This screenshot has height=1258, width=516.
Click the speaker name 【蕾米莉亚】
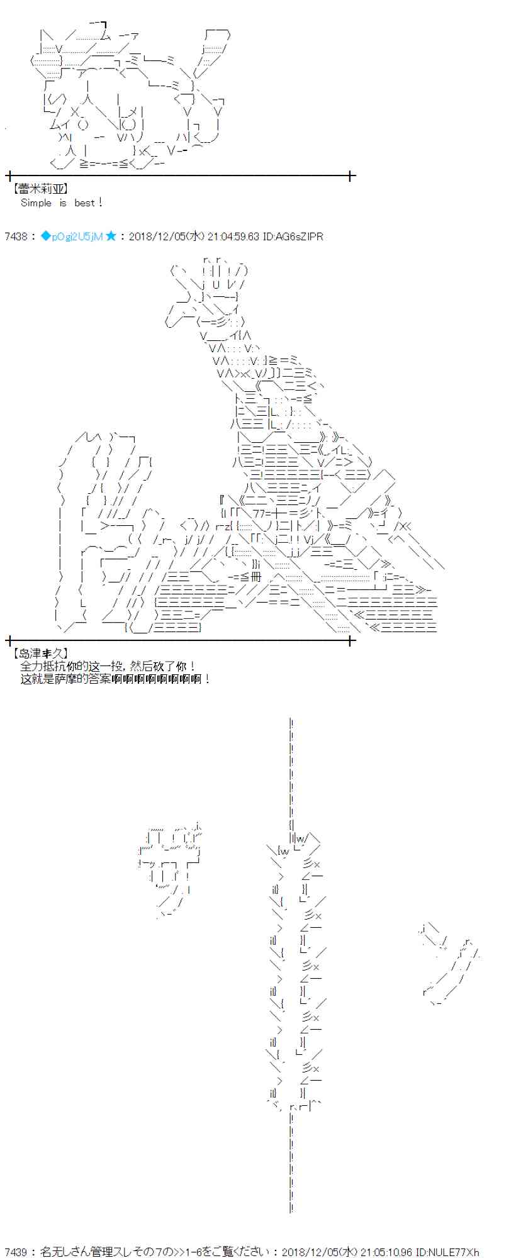click(x=39, y=188)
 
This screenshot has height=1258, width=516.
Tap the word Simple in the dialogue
click(x=36, y=203)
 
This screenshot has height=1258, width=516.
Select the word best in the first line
click(x=84, y=203)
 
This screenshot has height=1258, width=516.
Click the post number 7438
click(x=15, y=237)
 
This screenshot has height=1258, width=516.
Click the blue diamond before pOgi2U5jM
click(x=45, y=237)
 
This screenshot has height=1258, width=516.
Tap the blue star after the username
click(x=111, y=237)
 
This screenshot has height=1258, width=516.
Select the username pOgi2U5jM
click(x=77, y=237)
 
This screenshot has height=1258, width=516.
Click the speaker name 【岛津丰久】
click(x=39, y=654)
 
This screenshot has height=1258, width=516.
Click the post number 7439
click(x=15, y=1252)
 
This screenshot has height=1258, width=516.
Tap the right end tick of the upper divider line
click(x=351, y=176)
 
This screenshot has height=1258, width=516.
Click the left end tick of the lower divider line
click(x=9, y=640)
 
